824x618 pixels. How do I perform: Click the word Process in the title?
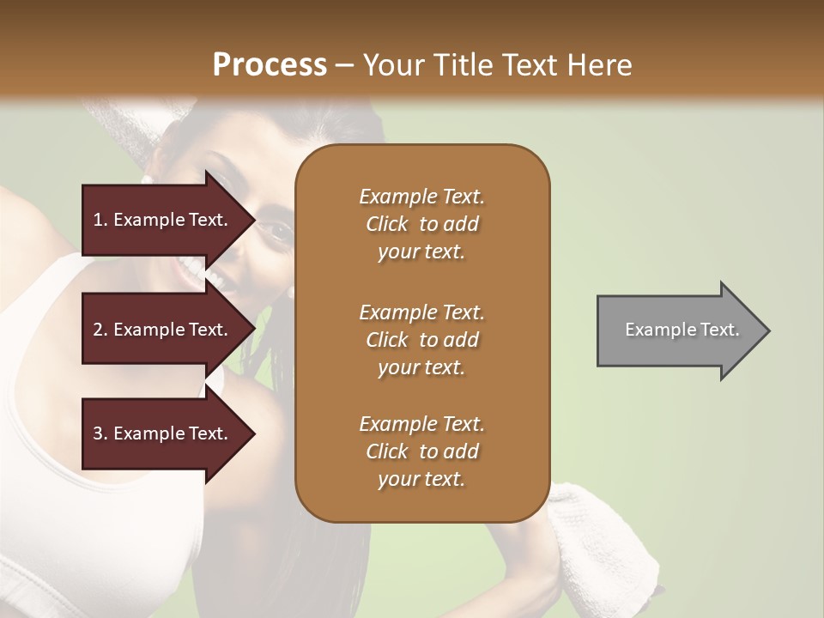270,65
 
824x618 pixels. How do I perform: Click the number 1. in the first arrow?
100,220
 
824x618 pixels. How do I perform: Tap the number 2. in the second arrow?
100,330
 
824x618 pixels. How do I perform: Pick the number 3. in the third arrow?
100,433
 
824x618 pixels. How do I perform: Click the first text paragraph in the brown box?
421,224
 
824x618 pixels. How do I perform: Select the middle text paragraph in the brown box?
421,339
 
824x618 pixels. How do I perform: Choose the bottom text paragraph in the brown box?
421,451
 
